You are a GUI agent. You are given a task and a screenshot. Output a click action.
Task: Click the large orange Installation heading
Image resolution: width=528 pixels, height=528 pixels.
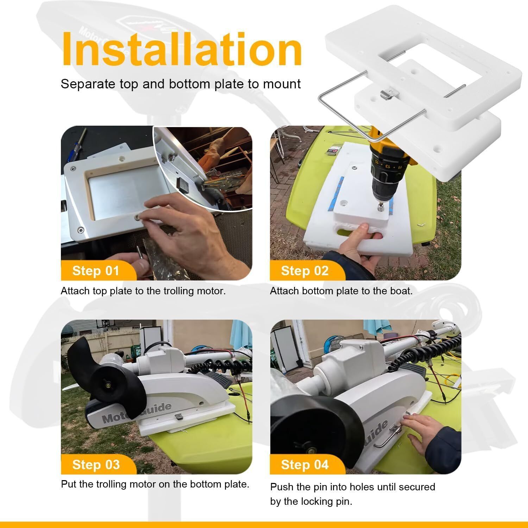click(182, 49)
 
